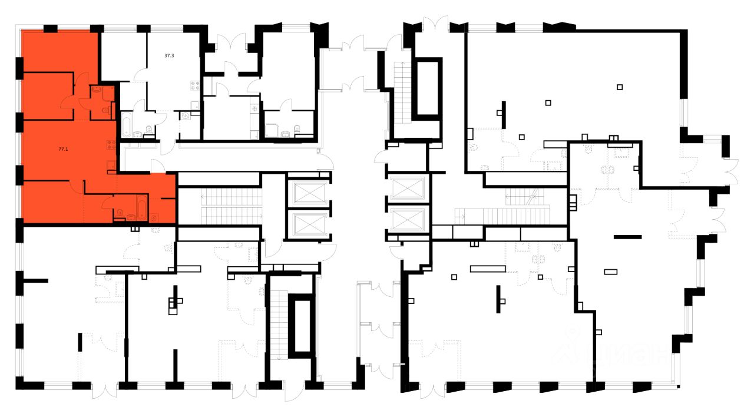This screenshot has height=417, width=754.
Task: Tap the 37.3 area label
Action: pos(169,55)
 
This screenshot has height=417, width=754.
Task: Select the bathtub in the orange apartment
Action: pos(142,207)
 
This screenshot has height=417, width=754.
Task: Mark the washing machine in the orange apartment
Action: pos(154,218)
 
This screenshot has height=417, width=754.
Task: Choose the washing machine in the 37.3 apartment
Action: pos(186,116)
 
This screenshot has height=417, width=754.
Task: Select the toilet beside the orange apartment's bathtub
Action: pos(120,213)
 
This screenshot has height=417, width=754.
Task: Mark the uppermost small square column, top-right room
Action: pos(620,87)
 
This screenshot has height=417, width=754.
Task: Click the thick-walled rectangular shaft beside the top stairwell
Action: pos(429,88)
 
